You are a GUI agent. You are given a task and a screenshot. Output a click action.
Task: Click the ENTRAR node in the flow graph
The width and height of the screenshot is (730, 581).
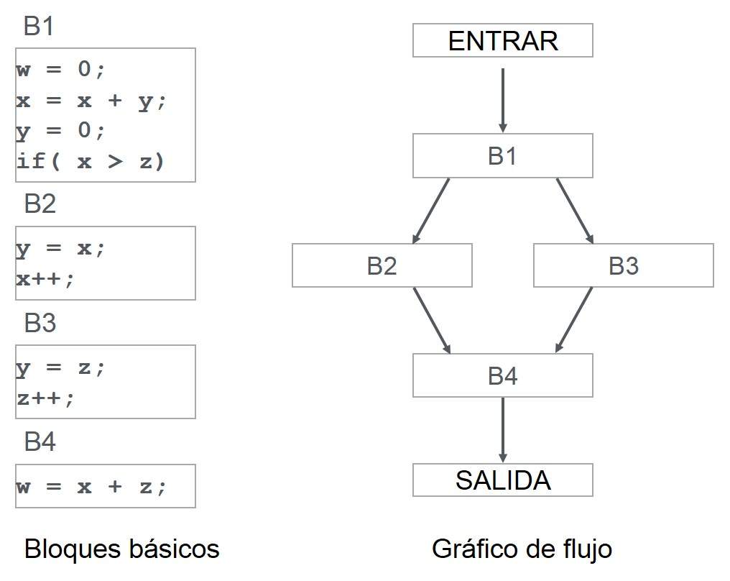(502, 40)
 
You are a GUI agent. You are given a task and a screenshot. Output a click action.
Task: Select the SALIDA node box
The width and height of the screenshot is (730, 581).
(502, 480)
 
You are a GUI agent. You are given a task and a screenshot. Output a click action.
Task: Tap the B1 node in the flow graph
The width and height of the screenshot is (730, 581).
(502, 155)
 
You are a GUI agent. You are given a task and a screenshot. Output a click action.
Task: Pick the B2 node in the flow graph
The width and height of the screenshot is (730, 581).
(382, 265)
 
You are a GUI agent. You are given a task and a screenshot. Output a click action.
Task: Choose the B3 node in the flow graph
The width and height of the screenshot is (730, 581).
(623, 265)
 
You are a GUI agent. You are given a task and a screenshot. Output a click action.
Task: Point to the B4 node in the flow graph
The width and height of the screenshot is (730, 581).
(502, 375)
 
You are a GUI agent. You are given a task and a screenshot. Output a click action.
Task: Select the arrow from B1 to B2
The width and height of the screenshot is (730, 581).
(431, 210)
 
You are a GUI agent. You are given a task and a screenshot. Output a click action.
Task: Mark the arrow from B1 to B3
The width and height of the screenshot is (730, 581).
(574, 210)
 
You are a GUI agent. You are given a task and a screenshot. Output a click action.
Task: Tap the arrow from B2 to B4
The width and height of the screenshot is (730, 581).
(432, 320)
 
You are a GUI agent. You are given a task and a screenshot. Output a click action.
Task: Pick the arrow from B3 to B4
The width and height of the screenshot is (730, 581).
(573, 320)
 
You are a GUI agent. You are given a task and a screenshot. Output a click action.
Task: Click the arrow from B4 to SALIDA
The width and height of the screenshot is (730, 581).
(502, 429)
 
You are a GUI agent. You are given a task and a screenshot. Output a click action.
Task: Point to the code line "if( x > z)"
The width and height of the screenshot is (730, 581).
(91, 162)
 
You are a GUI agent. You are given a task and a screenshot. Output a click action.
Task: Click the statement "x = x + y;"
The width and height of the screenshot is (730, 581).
(91, 101)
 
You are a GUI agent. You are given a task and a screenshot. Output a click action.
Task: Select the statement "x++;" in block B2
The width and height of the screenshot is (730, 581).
(45, 279)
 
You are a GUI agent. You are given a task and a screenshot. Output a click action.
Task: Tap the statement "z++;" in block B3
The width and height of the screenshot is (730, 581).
(45, 398)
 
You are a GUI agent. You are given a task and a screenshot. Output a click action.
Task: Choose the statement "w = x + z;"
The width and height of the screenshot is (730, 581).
(91, 486)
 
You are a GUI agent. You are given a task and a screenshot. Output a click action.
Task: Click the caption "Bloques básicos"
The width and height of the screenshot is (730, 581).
(121, 549)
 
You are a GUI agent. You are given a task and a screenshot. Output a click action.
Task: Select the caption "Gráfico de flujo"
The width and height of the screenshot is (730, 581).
(522, 549)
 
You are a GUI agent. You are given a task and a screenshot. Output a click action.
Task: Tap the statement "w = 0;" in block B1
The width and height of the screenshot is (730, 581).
(61, 71)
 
